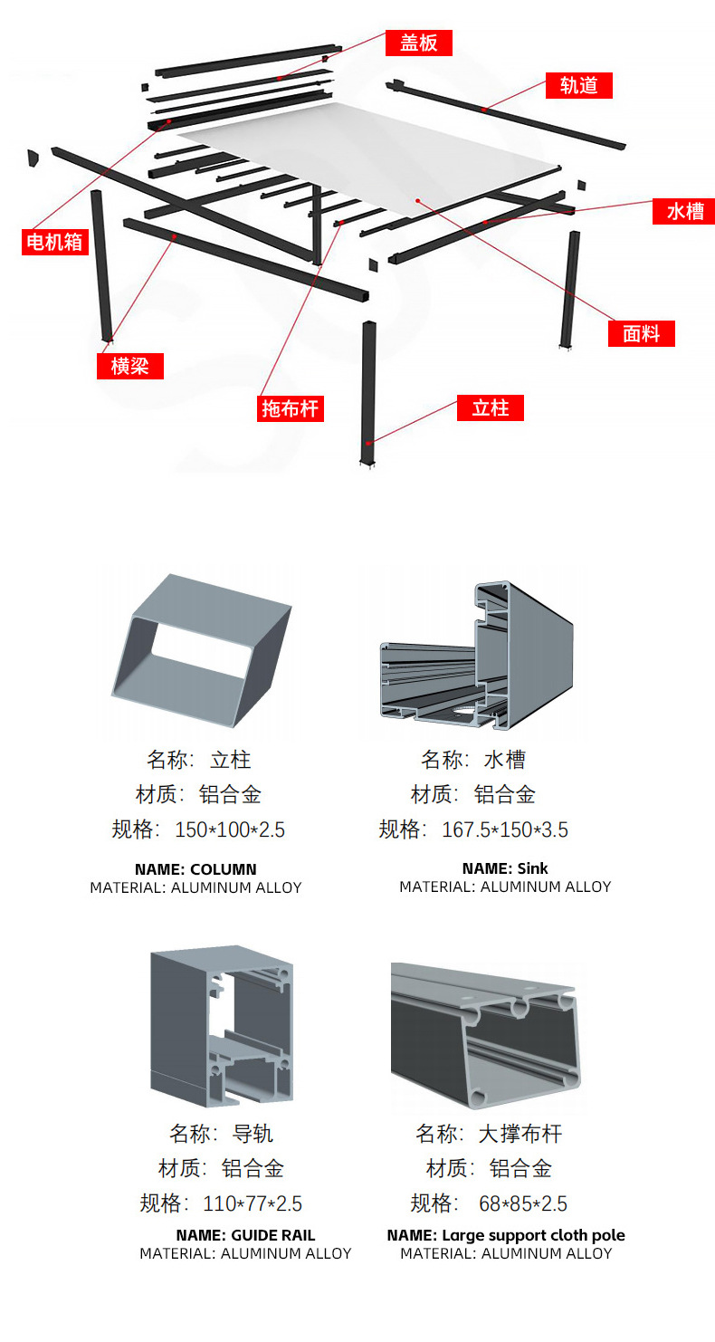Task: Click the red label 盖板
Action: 418,43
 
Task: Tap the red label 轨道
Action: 579,85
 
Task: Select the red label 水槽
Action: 684,211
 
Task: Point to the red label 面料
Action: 641,333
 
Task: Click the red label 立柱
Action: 491,407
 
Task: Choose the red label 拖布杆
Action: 291,408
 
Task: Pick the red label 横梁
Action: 130,366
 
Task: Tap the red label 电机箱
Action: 55,242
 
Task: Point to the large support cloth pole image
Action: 485,1033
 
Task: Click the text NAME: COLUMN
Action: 195,869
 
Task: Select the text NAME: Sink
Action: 505,868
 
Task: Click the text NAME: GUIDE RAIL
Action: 245,1235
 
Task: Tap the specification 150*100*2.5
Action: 230,829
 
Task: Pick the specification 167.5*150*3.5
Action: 505,829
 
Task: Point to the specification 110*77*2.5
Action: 252,1203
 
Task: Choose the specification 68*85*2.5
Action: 523,1203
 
